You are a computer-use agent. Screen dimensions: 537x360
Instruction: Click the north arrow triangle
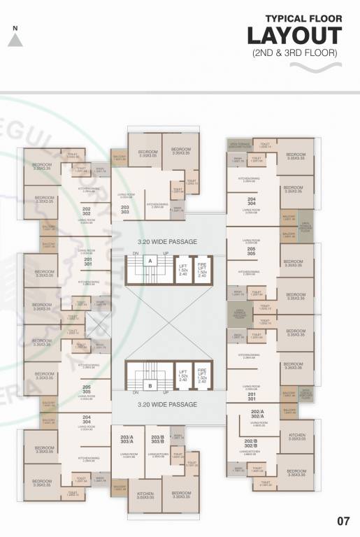[15, 40]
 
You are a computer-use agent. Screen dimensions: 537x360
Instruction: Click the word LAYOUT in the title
[294, 36]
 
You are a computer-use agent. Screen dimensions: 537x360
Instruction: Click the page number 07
[343, 520]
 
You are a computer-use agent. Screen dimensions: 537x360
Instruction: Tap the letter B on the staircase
[149, 385]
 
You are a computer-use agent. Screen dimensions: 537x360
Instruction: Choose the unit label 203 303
[125, 210]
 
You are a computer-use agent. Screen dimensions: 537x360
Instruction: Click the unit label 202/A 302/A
[257, 415]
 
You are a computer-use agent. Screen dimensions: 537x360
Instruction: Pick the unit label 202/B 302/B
[257, 443]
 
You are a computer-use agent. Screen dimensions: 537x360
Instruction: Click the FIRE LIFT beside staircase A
[203, 269]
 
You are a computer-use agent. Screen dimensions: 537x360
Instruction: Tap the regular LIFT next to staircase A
[182, 269]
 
